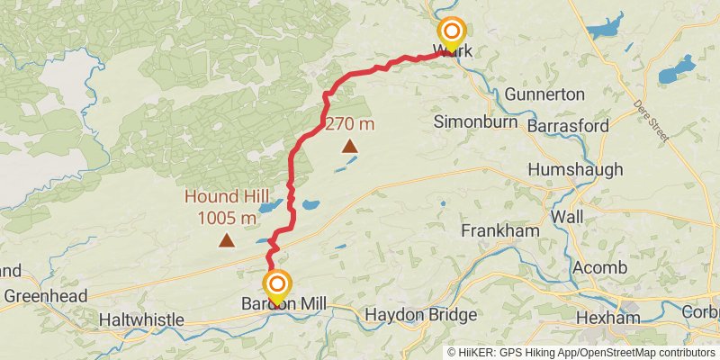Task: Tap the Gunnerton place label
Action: click(544, 94)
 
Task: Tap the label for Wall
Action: click(568, 217)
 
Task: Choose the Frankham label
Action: click(499, 231)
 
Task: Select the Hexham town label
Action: click(608, 318)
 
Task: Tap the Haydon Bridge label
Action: click(421, 316)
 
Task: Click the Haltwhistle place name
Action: click(141, 319)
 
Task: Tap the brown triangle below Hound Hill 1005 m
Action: click(226, 240)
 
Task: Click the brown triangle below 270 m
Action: click(349, 146)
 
